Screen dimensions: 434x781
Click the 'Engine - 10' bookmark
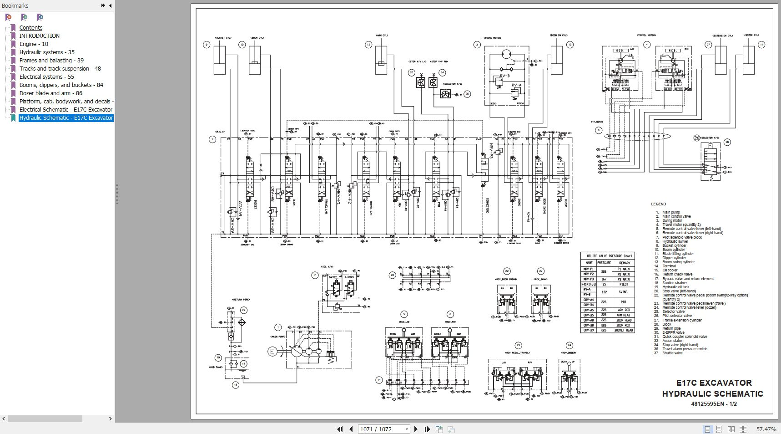(34, 44)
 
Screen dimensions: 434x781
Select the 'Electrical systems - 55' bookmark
(46, 77)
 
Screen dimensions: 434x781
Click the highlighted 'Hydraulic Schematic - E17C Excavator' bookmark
(66, 118)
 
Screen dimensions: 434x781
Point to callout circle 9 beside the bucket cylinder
(207, 45)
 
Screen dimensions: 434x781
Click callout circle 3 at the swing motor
(477, 45)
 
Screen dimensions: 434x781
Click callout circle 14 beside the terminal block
(379, 380)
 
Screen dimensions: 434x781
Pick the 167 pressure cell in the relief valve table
(604, 279)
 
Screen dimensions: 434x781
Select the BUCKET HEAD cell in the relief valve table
(623, 330)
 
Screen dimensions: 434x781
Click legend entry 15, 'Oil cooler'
(670, 270)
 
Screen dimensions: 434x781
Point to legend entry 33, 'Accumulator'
(672, 341)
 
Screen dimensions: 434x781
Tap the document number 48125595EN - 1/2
(714, 404)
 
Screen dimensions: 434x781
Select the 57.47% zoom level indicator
(766, 429)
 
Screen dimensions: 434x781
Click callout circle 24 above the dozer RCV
(569, 345)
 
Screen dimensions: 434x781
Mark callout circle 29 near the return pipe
(244, 310)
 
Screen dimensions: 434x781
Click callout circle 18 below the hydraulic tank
(236, 385)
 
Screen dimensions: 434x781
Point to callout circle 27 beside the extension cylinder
(708, 45)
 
